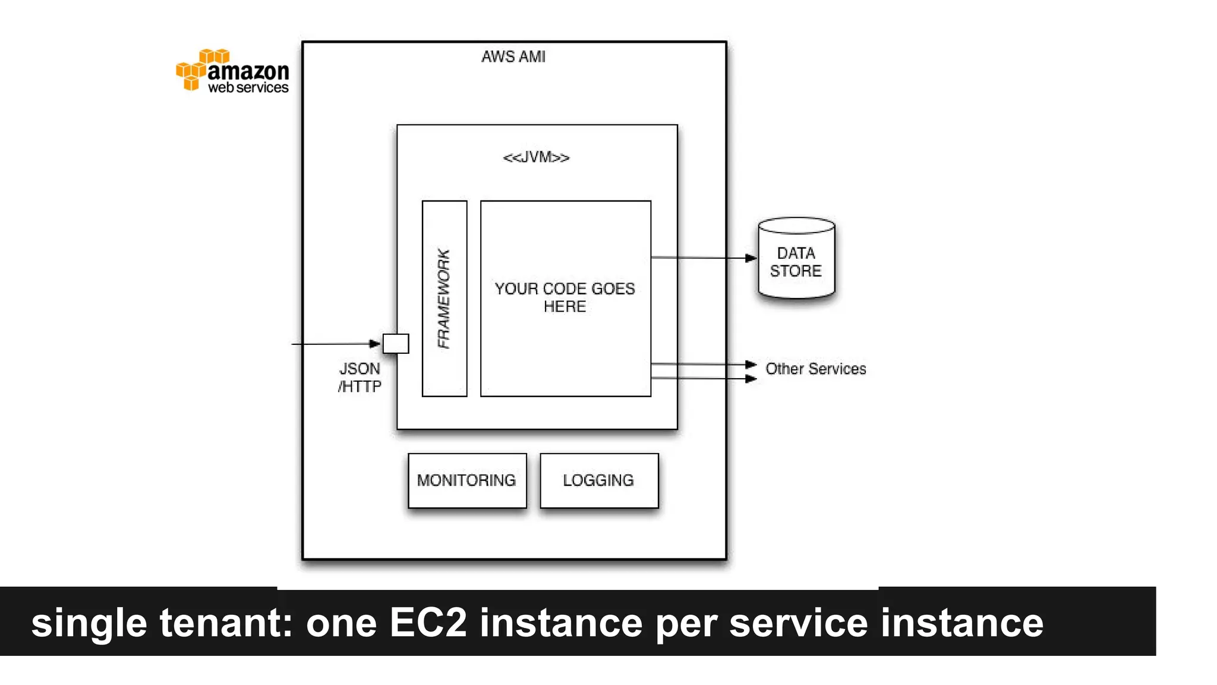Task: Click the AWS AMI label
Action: pyautogui.click(x=513, y=56)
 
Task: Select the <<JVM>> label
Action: pyautogui.click(x=536, y=158)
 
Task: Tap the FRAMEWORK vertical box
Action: pyautogui.click(x=444, y=298)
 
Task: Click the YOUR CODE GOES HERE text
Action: pyautogui.click(x=565, y=297)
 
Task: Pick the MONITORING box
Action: pyautogui.click(x=467, y=480)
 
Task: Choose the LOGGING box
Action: pyautogui.click(x=599, y=480)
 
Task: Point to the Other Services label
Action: pyautogui.click(x=815, y=369)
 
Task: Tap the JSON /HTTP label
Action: pyautogui.click(x=360, y=378)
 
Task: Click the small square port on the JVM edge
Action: pyautogui.click(x=396, y=344)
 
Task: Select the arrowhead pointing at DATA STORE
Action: pyautogui.click(x=751, y=258)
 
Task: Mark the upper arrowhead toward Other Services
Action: pyautogui.click(x=751, y=364)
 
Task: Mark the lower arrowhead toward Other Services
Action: pyautogui.click(x=751, y=379)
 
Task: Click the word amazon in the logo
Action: pyautogui.click(x=248, y=71)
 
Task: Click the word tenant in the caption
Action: pyautogui.click(x=226, y=623)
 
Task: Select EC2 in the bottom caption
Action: pyautogui.click(x=428, y=623)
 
